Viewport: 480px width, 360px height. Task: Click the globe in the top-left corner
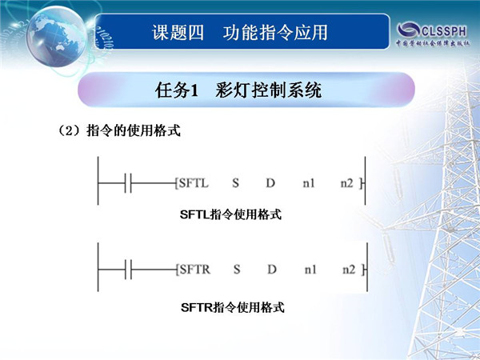(56, 36)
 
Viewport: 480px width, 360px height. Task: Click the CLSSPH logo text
(444, 31)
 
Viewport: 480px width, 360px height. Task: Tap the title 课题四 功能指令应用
(240, 33)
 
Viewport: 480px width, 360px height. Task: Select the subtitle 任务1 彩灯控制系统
(238, 90)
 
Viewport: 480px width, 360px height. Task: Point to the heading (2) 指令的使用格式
(118, 130)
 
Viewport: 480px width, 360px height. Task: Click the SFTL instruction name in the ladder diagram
(194, 183)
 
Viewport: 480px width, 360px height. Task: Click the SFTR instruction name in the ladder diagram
(195, 270)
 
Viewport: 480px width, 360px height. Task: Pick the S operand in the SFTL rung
(235, 183)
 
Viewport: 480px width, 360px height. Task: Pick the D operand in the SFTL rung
(270, 183)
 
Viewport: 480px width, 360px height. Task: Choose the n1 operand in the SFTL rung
(309, 183)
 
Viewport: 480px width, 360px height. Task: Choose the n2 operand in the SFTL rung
(347, 183)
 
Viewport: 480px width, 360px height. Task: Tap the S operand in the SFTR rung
(237, 270)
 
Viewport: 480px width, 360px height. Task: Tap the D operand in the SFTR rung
(272, 270)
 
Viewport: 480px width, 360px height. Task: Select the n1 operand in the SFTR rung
(310, 270)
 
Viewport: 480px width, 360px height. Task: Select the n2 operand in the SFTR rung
(349, 270)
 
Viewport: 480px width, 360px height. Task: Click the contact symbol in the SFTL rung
(128, 183)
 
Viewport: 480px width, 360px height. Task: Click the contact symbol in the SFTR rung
(128, 270)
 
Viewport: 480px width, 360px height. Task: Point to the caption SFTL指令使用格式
(230, 214)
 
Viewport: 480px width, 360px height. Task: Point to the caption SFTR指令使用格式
(233, 307)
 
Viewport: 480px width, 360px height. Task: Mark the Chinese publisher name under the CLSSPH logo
(433, 43)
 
